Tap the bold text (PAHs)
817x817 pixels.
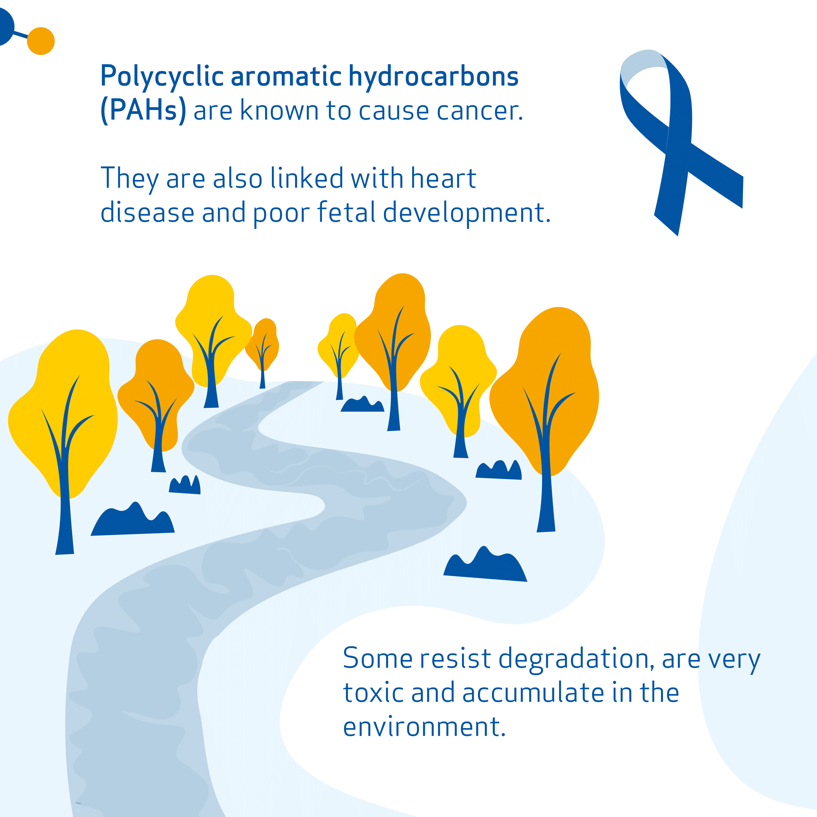(143, 110)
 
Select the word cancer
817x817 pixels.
(480, 111)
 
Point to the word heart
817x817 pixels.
(444, 178)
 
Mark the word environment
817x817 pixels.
(424, 727)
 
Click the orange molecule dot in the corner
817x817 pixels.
(41, 41)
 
